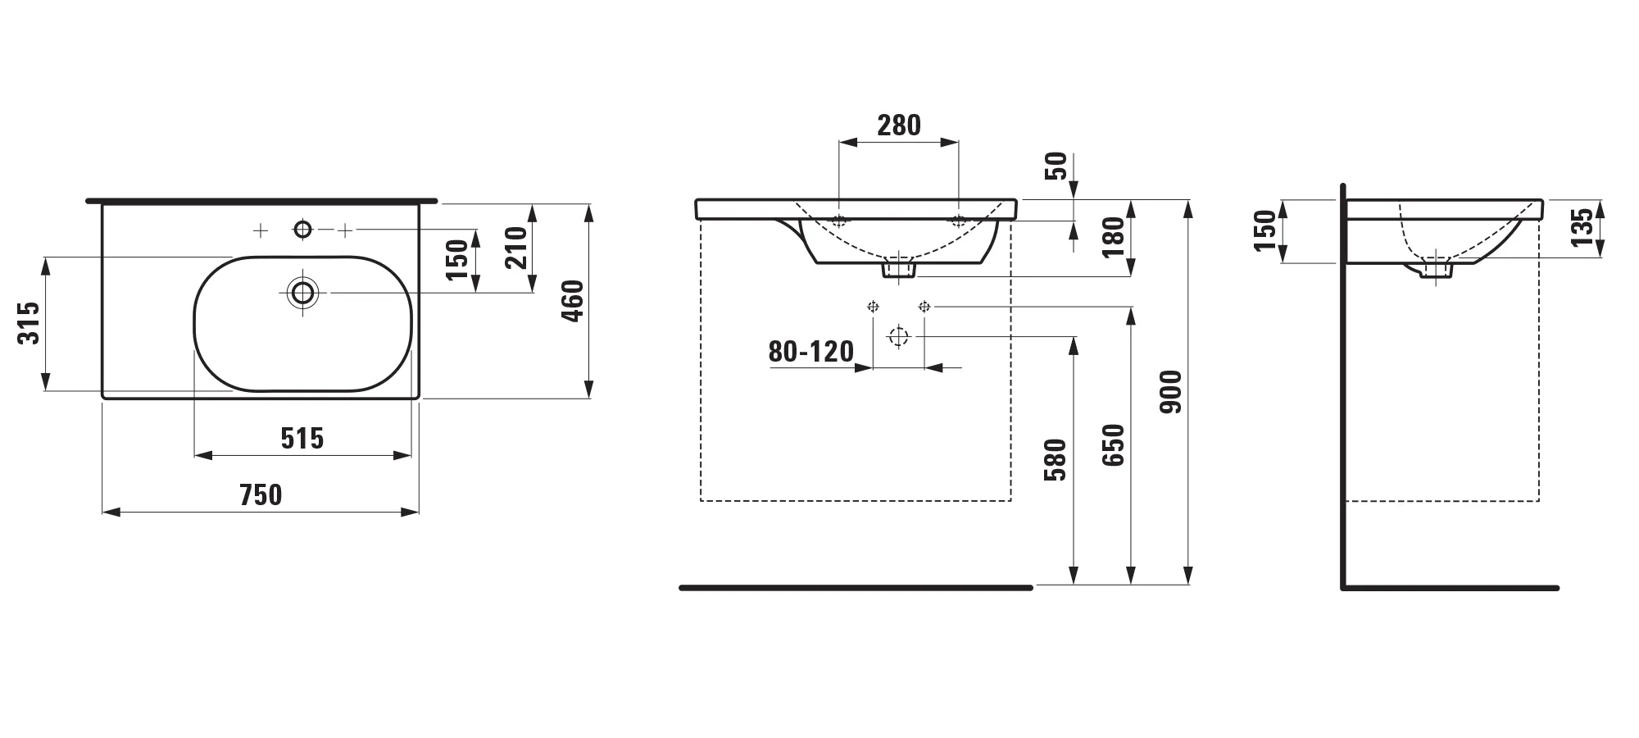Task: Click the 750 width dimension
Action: (x=261, y=494)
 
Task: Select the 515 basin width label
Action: (x=302, y=439)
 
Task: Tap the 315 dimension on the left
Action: (x=30, y=323)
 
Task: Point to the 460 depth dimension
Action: (x=573, y=300)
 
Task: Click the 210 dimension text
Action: (x=515, y=248)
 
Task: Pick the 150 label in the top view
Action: (x=457, y=259)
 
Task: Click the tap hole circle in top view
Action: (x=303, y=230)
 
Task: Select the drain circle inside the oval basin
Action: (x=303, y=292)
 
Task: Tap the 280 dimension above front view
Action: (x=899, y=125)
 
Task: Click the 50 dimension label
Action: (x=1057, y=166)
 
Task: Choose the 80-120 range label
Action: (x=810, y=352)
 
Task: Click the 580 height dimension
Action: (x=1056, y=459)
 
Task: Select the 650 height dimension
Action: (x=1113, y=445)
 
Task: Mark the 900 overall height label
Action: (x=1172, y=392)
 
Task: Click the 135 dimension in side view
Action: (x=1582, y=227)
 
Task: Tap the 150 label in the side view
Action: (x=1266, y=231)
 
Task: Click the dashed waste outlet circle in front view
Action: (x=899, y=336)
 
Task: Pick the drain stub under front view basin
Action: (x=899, y=268)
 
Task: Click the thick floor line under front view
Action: (x=856, y=587)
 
